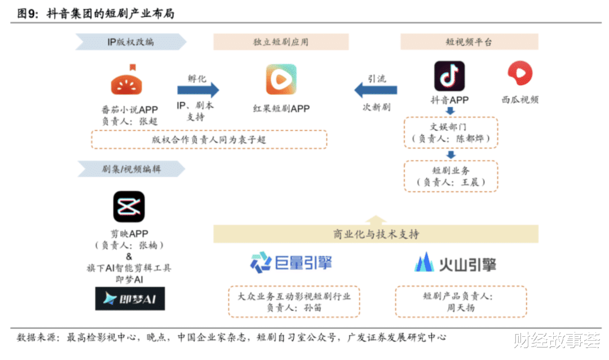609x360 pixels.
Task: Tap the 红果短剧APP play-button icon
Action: [281, 80]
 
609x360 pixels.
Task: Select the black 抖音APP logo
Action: [449, 76]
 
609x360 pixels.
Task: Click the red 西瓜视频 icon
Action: [520, 73]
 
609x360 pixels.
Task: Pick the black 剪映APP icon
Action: [129, 207]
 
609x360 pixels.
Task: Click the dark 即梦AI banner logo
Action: [130, 298]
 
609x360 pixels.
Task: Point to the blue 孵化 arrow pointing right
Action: [198, 90]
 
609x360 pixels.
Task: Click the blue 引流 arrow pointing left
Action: [376, 90]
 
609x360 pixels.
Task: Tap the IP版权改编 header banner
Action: [131, 42]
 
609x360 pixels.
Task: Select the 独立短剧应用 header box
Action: [281, 42]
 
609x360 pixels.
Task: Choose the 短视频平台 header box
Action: [469, 42]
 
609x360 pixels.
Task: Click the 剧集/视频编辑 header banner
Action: [131, 169]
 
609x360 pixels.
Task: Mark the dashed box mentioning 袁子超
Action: [209, 139]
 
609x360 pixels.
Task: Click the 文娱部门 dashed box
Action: [451, 133]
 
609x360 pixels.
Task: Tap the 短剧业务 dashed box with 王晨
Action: [451, 176]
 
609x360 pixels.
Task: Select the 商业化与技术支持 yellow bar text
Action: [376, 234]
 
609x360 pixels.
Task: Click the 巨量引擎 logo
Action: [292, 262]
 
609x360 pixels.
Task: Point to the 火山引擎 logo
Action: [455, 263]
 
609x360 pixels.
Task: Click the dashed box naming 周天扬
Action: [461, 302]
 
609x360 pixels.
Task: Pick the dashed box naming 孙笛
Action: [294, 302]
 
